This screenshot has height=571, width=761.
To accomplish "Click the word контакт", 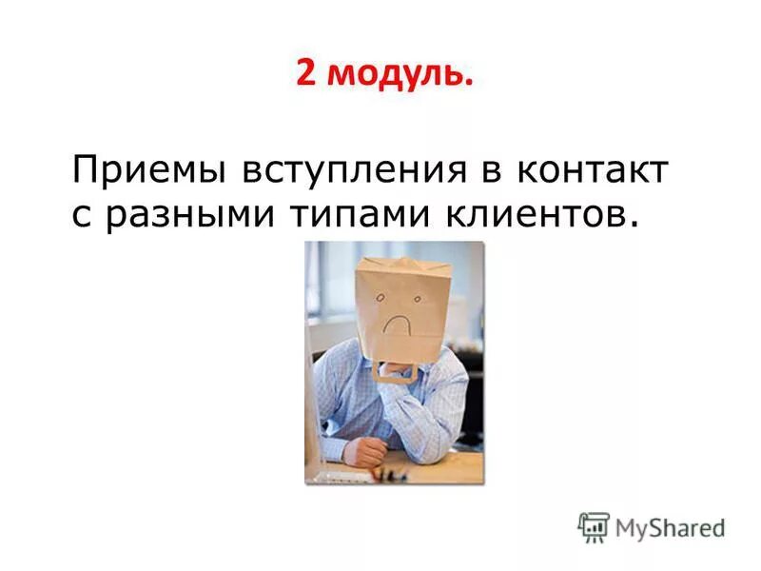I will coord(593,171).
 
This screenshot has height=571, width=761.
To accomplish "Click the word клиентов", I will coord(536,214).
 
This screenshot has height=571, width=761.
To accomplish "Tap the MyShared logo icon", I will coord(594,526).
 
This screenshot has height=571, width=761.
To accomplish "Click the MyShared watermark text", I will coord(670,526).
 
